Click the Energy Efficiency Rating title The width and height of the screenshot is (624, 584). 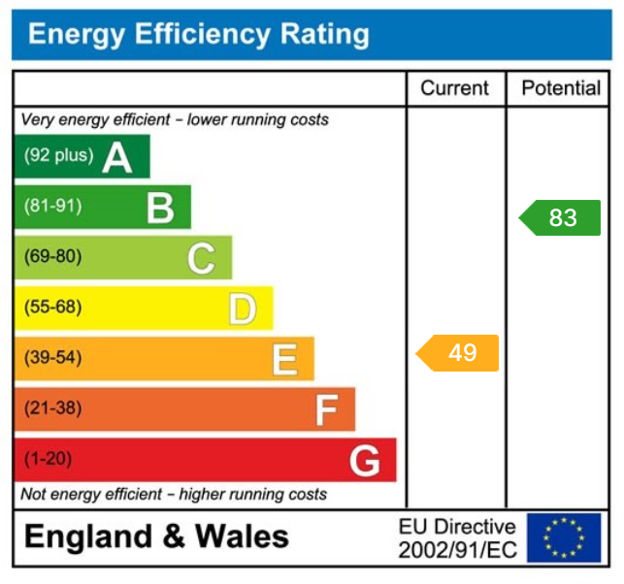(199, 35)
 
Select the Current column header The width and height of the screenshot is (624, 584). (454, 88)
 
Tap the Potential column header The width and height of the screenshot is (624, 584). (561, 88)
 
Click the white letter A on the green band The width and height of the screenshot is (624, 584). (116, 156)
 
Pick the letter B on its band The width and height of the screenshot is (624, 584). (160, 207)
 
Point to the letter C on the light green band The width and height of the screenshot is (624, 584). (201, 258)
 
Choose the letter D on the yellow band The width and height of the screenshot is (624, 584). (243, 308)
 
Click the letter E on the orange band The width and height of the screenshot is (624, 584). (284, 359)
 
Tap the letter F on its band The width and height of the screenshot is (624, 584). (326, 410)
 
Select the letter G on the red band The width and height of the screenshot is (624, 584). (365, 461)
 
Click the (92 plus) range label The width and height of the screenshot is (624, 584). (58, 155)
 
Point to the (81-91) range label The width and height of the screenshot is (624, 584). (52, 206)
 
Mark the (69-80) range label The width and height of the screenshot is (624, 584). (52, 257)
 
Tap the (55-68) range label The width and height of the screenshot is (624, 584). (52, 308)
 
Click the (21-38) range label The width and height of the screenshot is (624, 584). (52, 408)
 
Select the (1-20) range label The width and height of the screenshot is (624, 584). (48, 459)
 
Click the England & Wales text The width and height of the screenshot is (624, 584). (156, 536)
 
